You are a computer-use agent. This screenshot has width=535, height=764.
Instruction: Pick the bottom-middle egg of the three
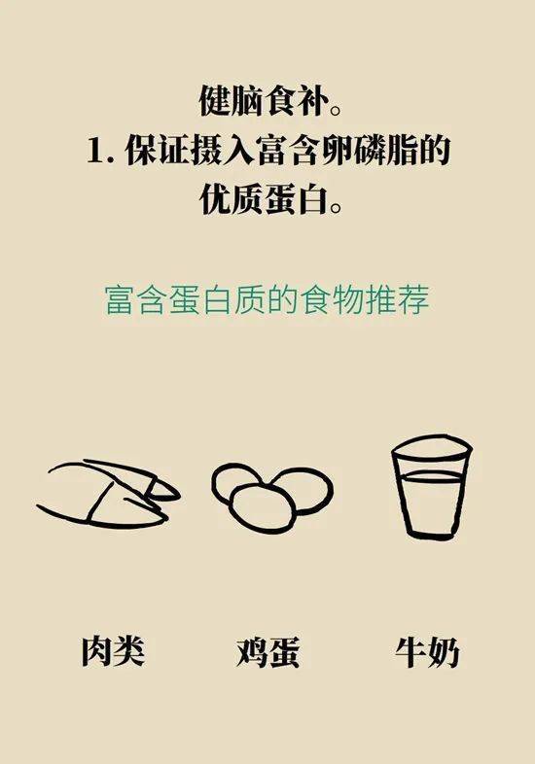click(x=262, y=507)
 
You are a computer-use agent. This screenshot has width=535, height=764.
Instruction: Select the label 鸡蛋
click(x=267, y=651)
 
